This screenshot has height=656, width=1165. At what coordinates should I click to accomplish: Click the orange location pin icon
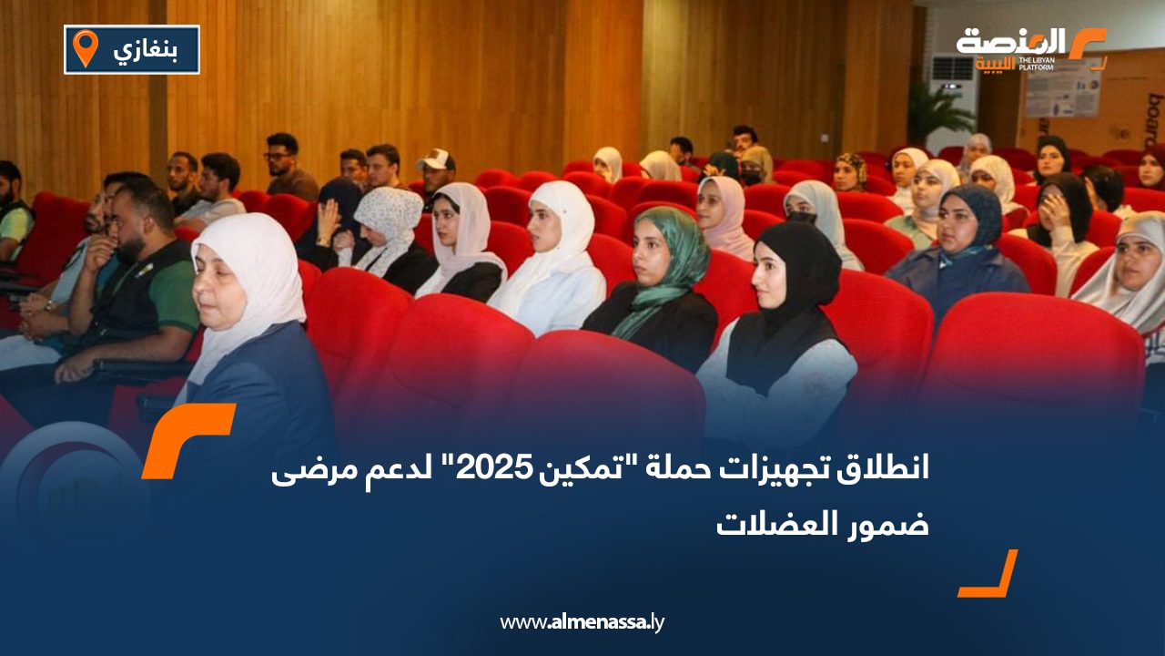[x=85, y=47]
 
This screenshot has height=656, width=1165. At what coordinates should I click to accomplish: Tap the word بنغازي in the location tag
[x=146, y=49]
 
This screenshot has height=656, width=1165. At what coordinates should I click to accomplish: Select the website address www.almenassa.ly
[x=582, y=622]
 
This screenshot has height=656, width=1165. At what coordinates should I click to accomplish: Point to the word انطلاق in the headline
[x=875, y=471]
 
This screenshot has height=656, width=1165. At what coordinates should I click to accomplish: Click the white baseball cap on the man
[x=437, y=159]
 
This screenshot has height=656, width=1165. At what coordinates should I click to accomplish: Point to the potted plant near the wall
[x=937, y=114]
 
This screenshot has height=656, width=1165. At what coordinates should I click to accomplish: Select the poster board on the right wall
[x=1063, y=88]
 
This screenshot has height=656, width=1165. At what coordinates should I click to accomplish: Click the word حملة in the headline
[x=674, y=471]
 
